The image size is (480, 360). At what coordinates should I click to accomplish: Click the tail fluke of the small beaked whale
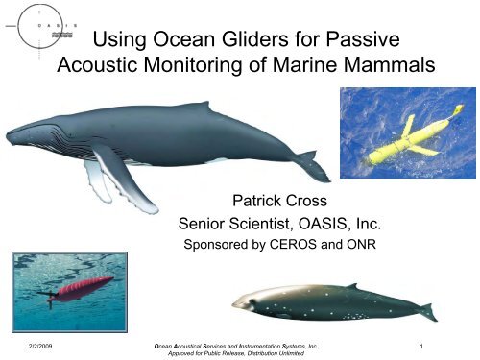426,311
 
